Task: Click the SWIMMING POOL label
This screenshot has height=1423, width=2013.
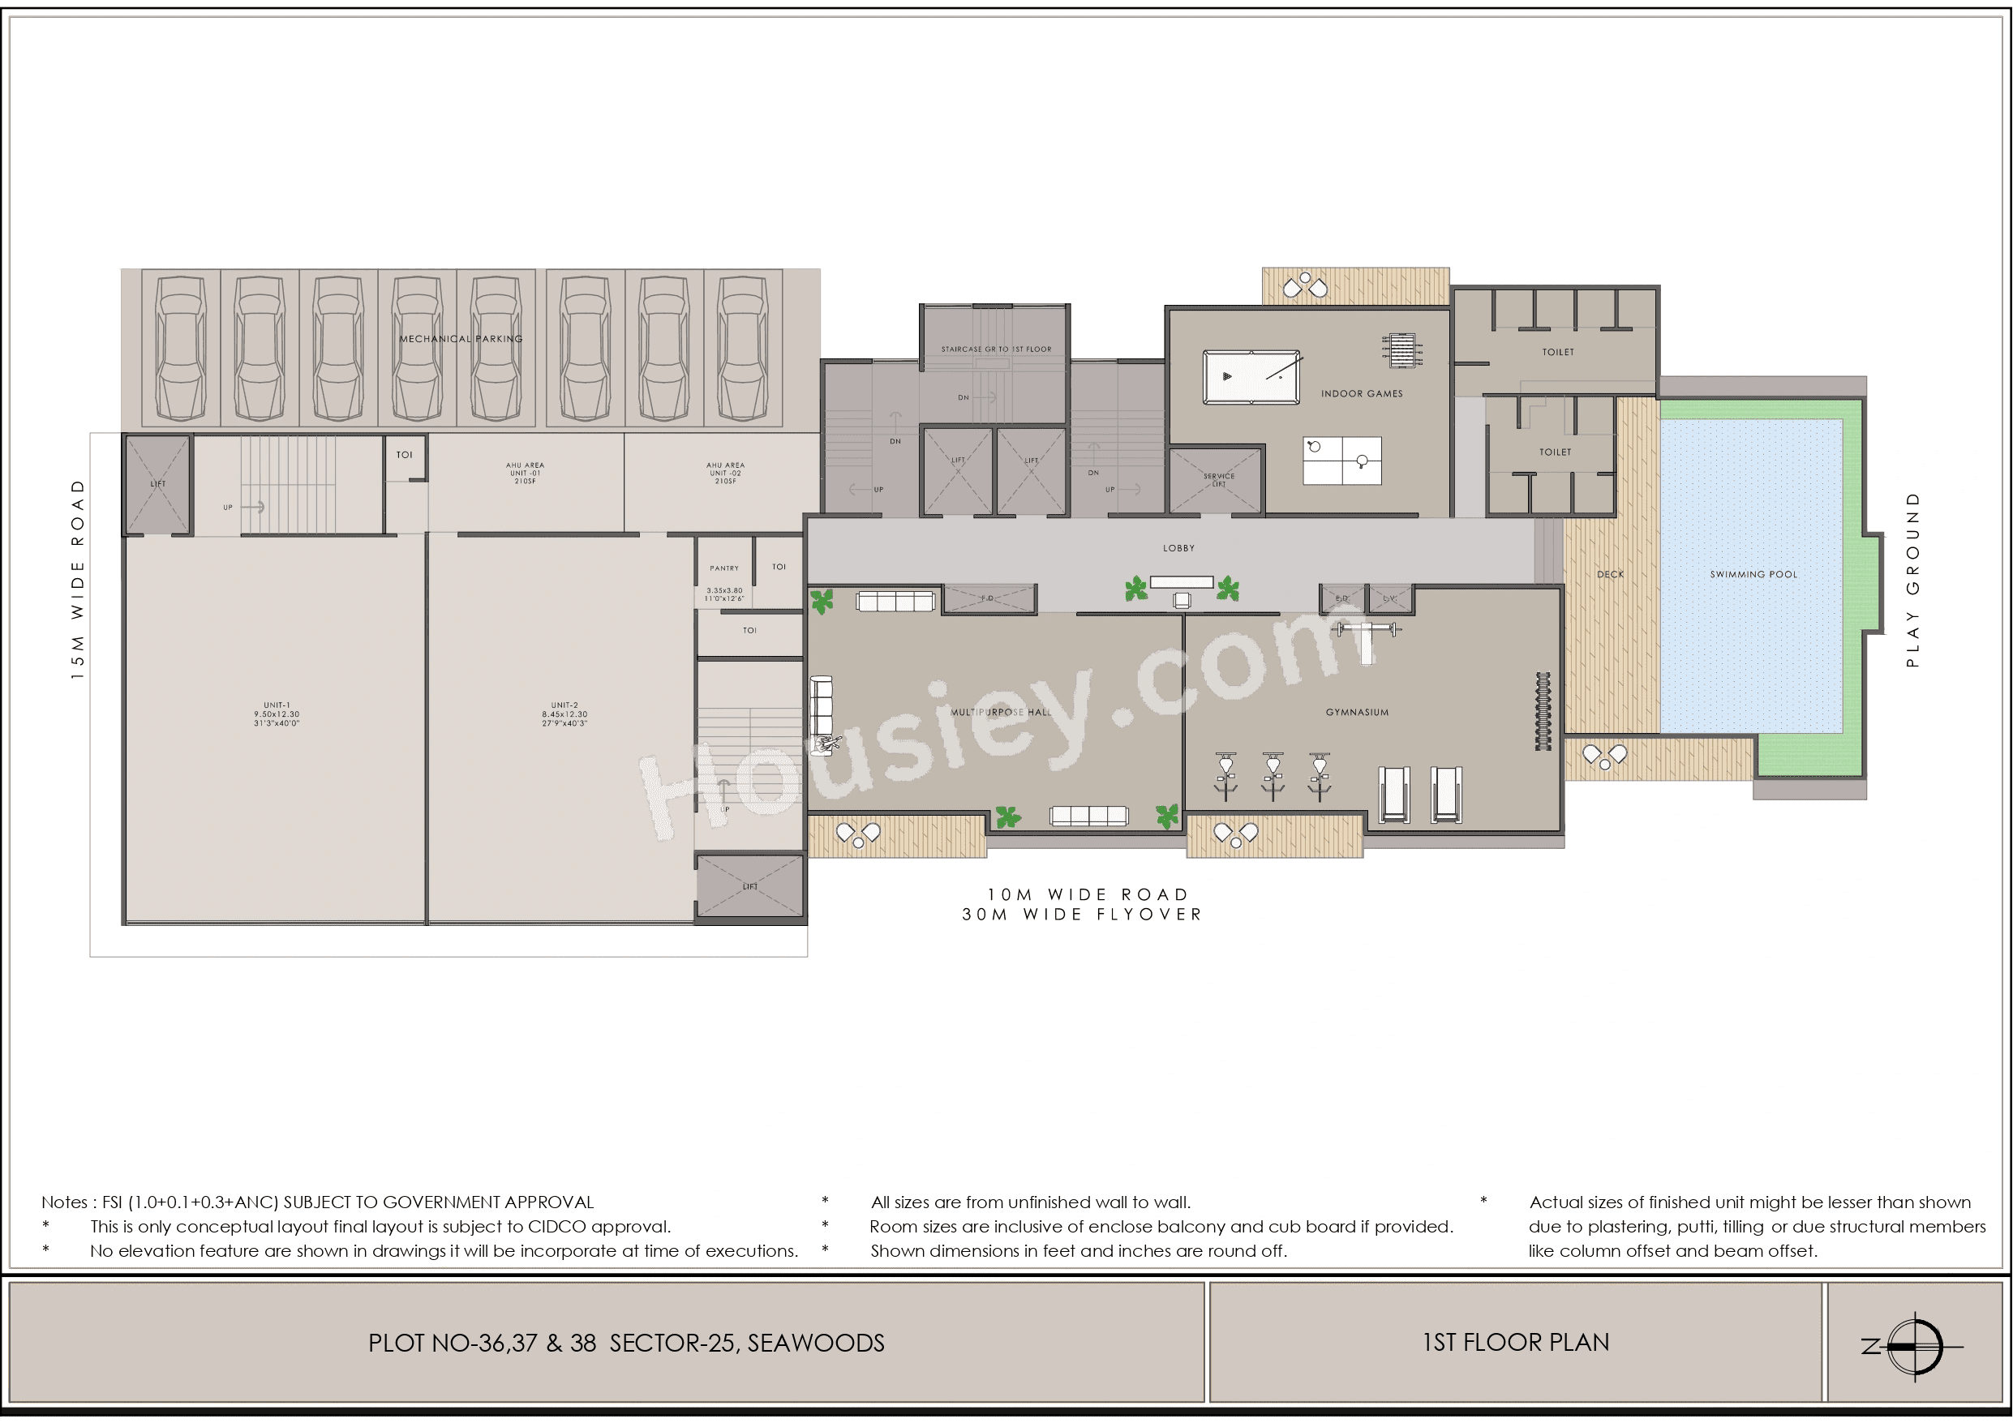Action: click(x=1753, y=574)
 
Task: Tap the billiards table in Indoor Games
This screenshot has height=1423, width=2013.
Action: click(x=1251, y=377)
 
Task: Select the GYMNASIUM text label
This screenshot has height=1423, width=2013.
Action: click(x=1356, y=712)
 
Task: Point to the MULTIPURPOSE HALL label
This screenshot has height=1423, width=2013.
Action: click(x=1000, y=712)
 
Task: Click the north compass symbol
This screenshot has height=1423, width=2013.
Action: click(x=1916, y=1346)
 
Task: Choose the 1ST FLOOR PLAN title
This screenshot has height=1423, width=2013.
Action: click(x=1515, y=1343)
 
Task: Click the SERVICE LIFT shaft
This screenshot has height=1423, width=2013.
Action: click(x=1218, y=479)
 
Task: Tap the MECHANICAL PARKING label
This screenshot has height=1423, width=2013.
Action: click(x=461, y=338)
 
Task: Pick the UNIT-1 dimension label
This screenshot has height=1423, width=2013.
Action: click(x=277, y=714)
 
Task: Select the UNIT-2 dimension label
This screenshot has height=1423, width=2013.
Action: click(x=564, y=714)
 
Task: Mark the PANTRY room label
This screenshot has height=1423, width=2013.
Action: click(x=724, y=568)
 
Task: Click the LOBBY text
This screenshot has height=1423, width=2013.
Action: click(x=1178, y=548)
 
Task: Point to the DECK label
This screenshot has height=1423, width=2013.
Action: click(x=1610, y=574)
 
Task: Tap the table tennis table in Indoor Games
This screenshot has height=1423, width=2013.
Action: click(x=1341, y=461)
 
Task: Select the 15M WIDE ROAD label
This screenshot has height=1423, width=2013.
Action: click(x=78, y=580)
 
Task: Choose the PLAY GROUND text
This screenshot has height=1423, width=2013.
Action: click(x=1912, y=580)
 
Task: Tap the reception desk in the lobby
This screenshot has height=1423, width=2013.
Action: click(x=1181, y=582)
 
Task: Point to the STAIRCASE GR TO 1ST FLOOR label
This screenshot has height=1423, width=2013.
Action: click(x=996, y=349)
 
